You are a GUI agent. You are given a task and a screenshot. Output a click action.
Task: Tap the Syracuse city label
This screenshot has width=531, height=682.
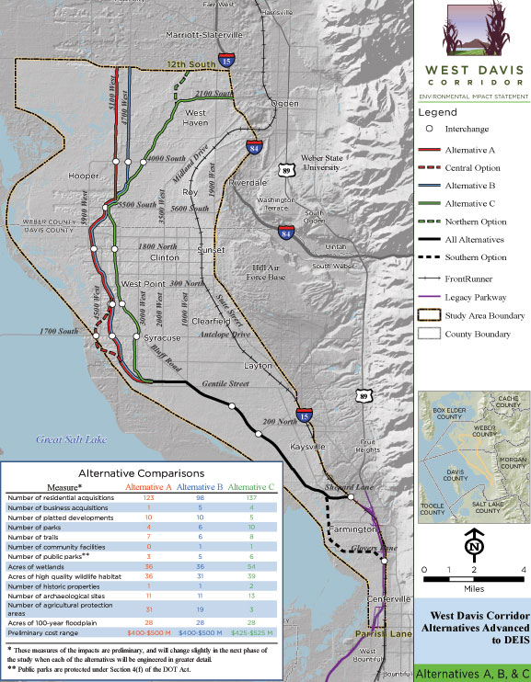pyautogui.click(x=162, y=338)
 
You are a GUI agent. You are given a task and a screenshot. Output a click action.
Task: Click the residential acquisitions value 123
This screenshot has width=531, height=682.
pyautogui.click(x=148, y=497)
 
